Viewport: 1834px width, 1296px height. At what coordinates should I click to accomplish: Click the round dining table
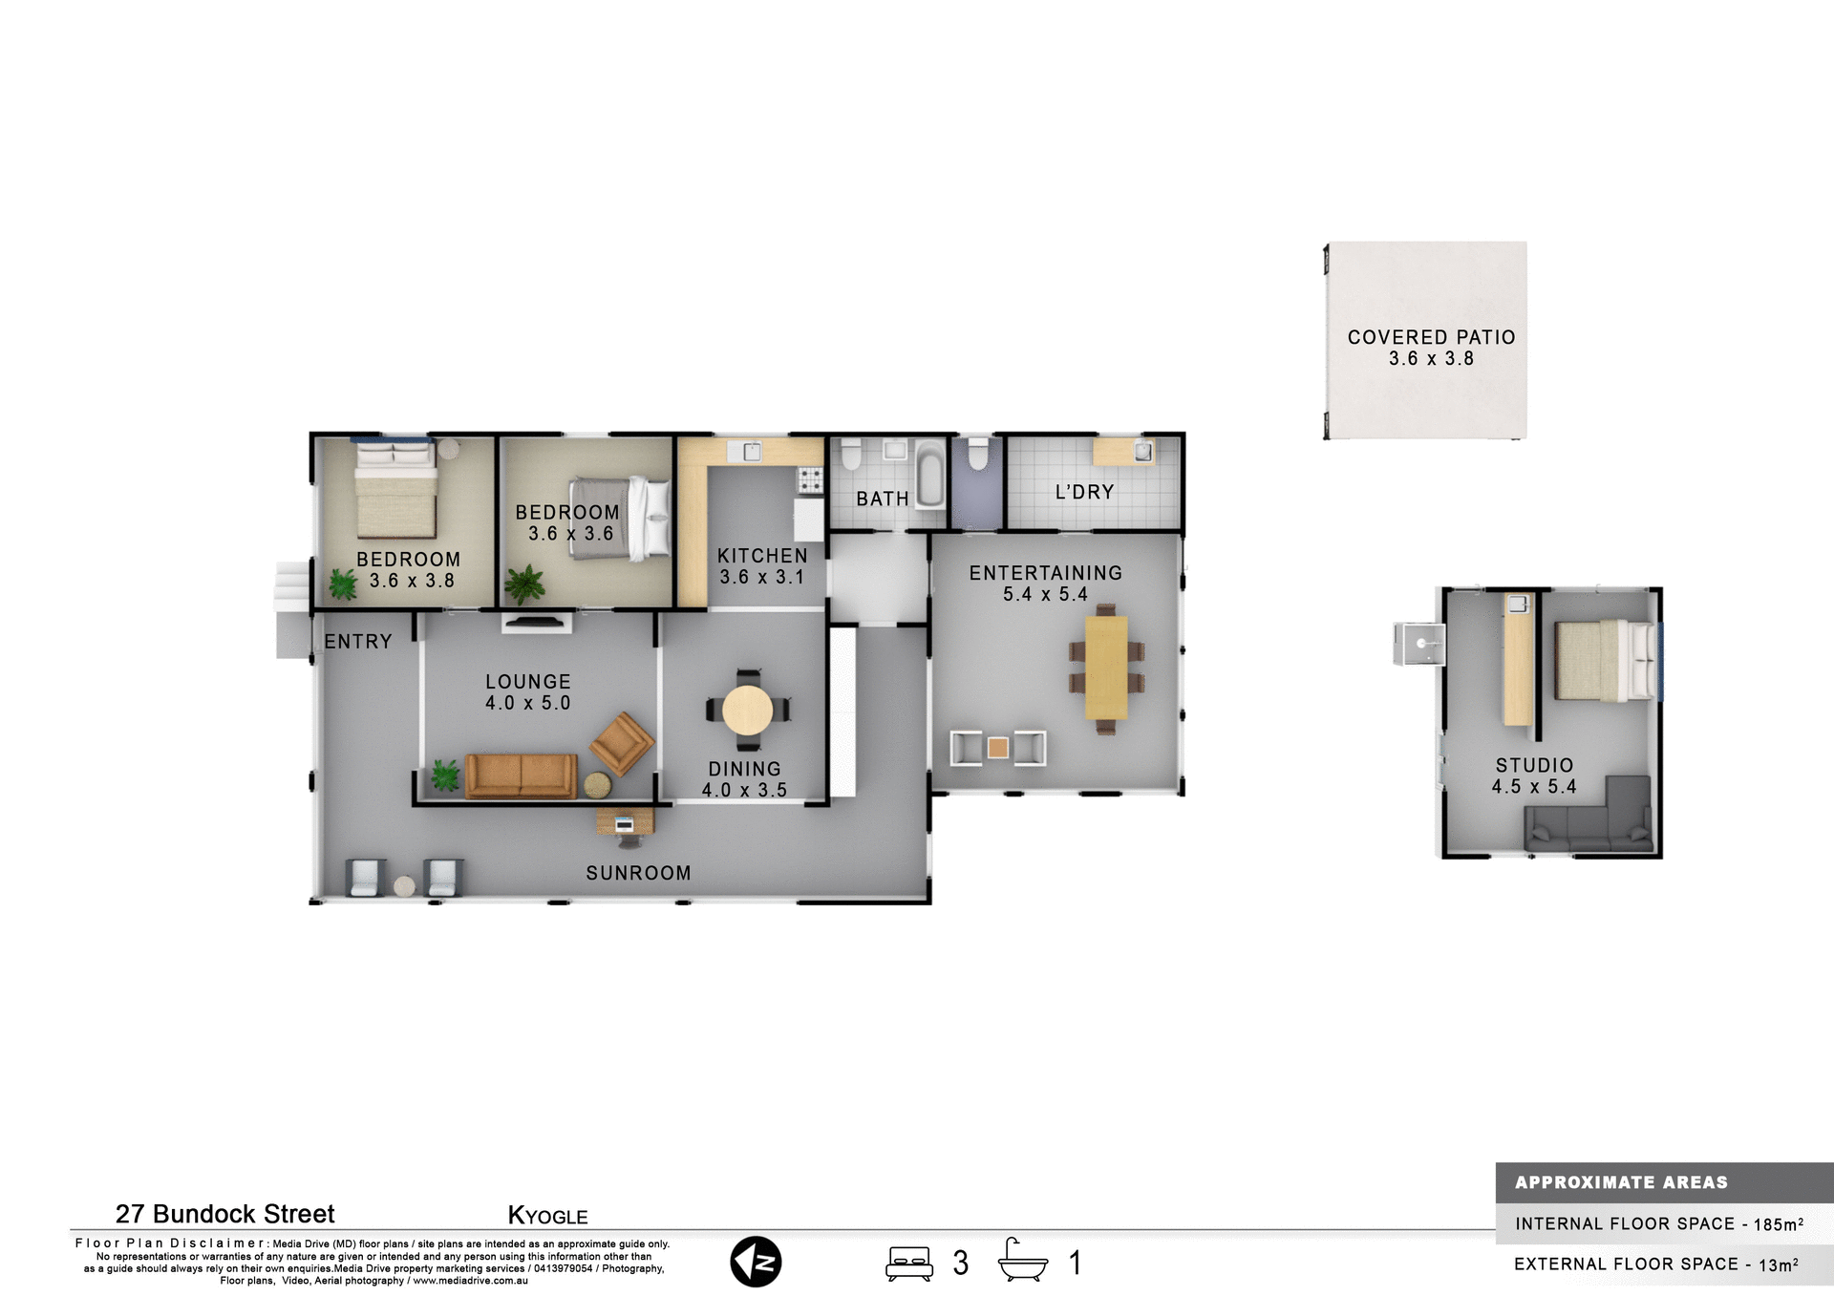click(x=747, y=710)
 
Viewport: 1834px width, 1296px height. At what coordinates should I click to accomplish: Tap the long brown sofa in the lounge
click(x=521, y=775)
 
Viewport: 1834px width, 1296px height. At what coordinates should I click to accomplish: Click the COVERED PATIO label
click(x=1431, y=337)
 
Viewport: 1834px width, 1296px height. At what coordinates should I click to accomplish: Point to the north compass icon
click(x=756, y=1262)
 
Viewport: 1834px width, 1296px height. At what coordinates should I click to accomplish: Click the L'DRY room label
click(x=1084, y=492)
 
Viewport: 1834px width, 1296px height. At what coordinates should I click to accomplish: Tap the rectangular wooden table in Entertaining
click(x=1106, y=668)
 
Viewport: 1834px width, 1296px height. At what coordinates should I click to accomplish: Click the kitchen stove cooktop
click(x=810, y=479)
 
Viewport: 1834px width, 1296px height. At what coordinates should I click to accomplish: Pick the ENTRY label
click(x=358, y=642)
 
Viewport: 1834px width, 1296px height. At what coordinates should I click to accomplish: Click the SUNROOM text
click(x=638, y=873)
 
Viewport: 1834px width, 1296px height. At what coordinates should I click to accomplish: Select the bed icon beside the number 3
click(x=908, y=1263)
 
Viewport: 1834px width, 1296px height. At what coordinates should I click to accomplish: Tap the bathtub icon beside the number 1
click(x=1022, y=1261)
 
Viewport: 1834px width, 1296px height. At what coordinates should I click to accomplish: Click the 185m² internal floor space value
click(x=1778, y=1223)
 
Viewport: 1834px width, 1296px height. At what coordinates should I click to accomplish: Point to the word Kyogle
click(x=547, y=1216)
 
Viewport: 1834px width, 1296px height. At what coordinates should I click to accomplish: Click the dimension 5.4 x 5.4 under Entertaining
click(x=1045, y=594)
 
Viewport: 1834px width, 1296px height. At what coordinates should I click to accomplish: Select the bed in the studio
click(x=1605, y=660)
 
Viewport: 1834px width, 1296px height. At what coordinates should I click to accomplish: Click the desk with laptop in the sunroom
click(x=625, y=821)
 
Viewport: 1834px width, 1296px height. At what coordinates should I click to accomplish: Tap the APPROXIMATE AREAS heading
click(x=1621, y=1182)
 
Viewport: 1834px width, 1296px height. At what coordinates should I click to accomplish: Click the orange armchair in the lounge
click(x=622, y=742)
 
